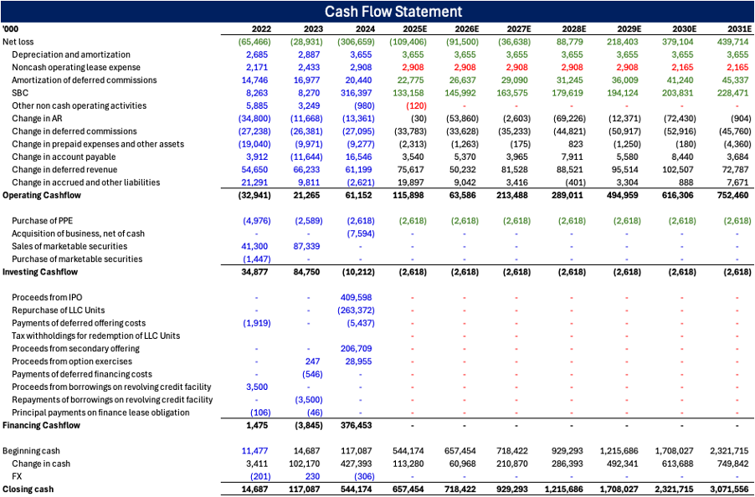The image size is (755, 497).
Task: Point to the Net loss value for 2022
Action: [247, 42]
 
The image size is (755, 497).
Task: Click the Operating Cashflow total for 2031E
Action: [732, 195]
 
